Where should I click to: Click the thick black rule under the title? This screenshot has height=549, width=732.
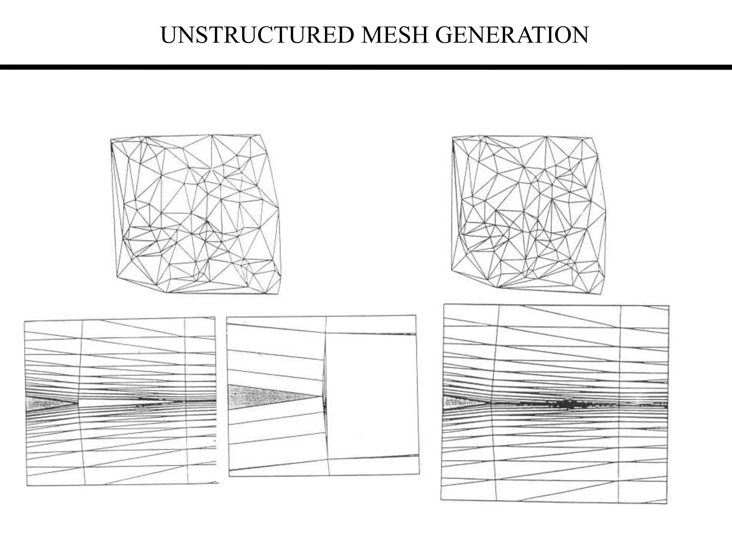(x=366, y=67)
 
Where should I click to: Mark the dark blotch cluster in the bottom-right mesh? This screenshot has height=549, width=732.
(x=568, y=404)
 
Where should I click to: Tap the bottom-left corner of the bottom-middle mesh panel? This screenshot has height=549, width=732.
(x=229, y=476)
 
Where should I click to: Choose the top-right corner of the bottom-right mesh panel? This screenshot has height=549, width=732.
(x=669, y=306)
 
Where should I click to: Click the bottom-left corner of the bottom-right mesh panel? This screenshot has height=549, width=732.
(x=441, y=499)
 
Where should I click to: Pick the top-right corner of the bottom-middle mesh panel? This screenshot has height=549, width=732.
(x=416, y=315)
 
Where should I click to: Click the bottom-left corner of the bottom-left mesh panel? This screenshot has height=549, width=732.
(x=27, y=485)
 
